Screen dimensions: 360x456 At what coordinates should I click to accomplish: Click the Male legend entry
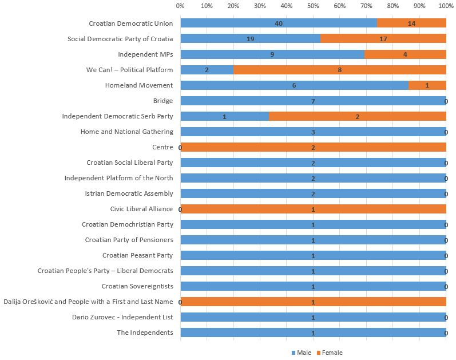click(301, 353)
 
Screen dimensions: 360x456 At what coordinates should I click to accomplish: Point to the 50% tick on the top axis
click(313, 6)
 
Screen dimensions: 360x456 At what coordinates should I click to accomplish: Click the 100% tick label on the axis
click(446, 6)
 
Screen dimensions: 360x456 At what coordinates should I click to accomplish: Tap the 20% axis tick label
click(233, 6)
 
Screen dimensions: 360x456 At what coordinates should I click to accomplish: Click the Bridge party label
click(162, 101)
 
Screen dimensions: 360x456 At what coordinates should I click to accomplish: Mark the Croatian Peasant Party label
click(137, 255)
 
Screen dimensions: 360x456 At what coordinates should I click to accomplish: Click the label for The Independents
click(144, 333)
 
